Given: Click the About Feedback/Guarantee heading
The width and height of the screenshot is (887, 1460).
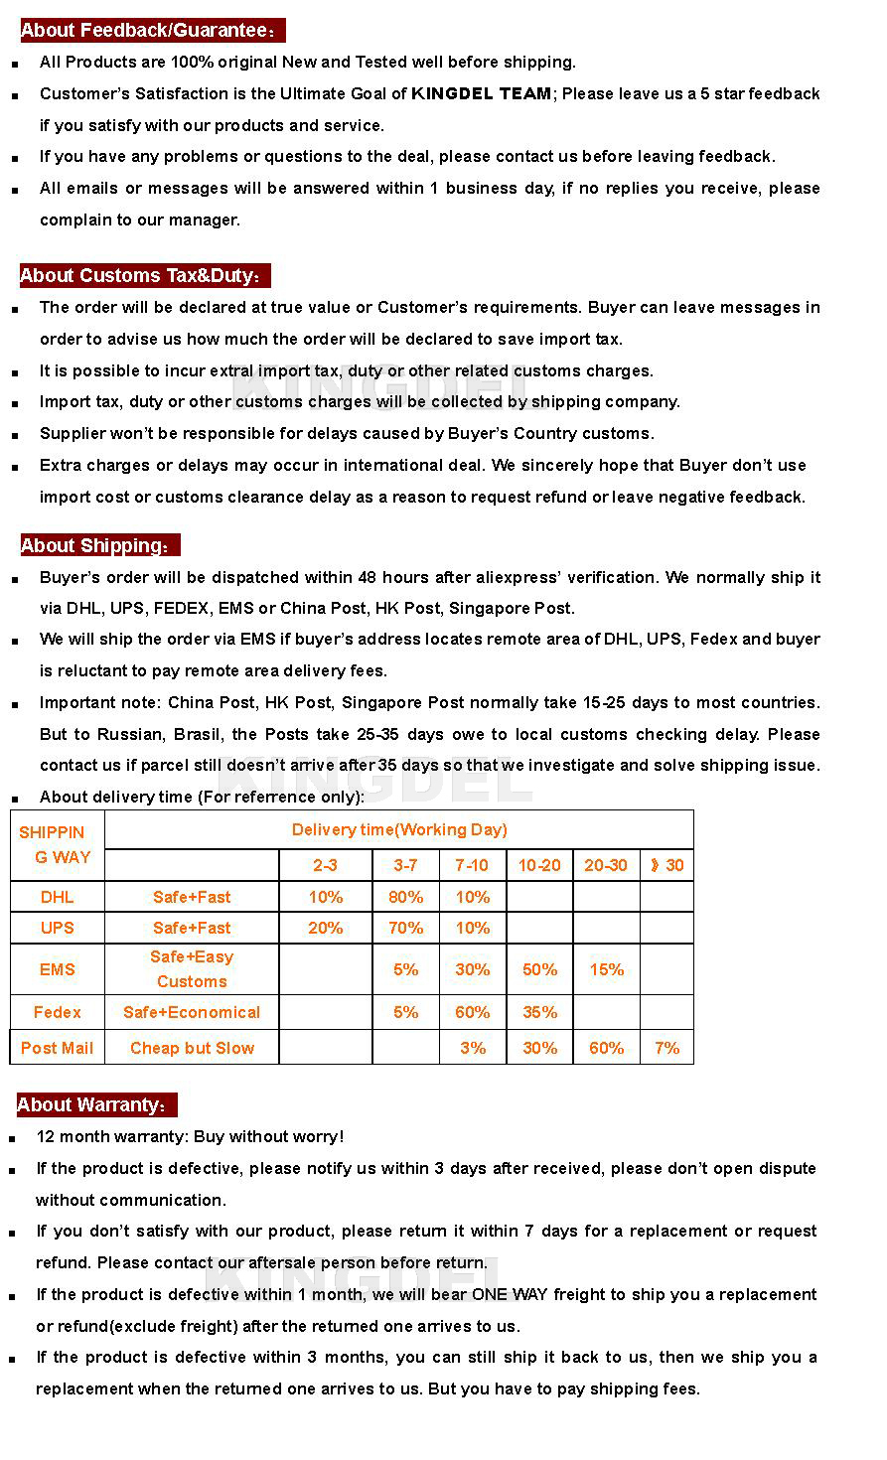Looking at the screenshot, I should coord(149,31).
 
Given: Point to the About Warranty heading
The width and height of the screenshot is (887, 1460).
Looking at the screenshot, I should coord(94,1104).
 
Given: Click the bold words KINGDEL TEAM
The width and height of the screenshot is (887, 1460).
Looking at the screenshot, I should coord(482,93).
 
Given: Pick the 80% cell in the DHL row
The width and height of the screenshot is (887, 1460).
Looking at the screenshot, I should coord(405,897).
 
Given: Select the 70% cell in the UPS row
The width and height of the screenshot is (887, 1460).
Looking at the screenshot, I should coord(405,928).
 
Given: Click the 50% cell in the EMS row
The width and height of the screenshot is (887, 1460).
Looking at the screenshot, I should coord(539,969).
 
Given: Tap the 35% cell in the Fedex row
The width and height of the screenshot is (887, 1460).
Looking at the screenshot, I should coord(539,1012).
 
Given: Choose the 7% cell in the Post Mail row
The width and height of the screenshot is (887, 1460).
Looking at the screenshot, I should coord(666,1048).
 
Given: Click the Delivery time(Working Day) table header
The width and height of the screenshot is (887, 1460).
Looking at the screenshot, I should coord(399,829).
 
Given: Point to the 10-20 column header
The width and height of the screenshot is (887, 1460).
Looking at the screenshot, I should coord(539,865).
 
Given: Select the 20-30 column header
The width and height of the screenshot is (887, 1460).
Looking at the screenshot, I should coord(606,865).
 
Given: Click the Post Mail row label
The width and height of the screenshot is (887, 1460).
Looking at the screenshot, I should coord(57,1048).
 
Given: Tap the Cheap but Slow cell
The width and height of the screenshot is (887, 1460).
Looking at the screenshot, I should coord(192,1048).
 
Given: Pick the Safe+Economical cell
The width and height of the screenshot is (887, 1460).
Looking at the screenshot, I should coord(192,1012).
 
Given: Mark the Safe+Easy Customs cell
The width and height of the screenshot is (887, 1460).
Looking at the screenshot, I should coord(192,969).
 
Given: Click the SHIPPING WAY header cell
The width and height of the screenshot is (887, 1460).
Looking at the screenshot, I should coord(57,844).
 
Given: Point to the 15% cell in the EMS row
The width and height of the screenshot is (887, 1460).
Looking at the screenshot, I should coord(606,969).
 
